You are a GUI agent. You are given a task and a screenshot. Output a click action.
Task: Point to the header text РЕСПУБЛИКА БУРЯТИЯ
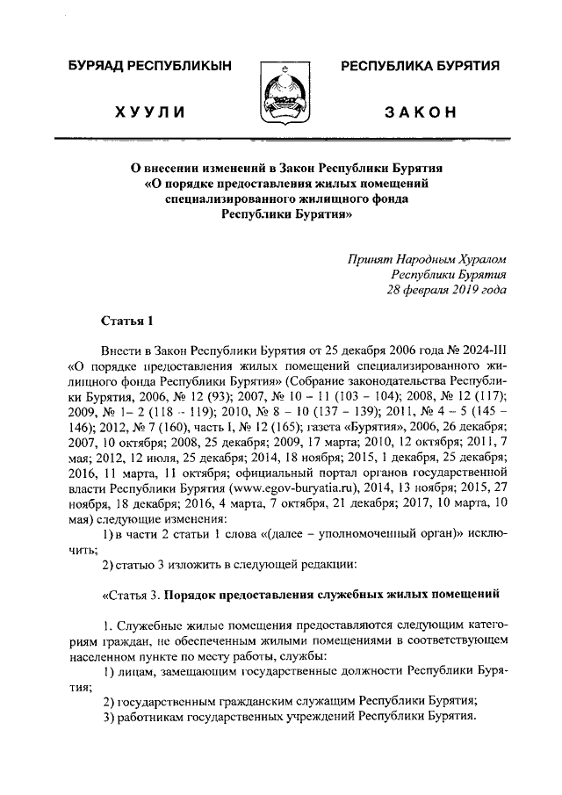[x=420, y=67]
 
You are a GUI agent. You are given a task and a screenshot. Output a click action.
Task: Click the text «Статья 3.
[x=131, y=595]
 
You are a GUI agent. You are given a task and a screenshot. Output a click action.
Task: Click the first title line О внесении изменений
[x=280, y=167]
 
